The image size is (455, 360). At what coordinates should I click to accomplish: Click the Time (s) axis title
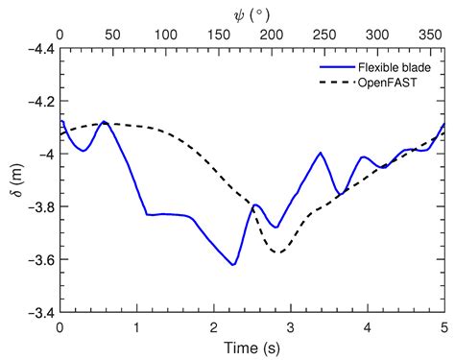(x=251, y=346)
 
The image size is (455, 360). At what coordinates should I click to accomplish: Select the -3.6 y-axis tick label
(x=36, y=259)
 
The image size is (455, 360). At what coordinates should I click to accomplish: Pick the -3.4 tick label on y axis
(x=36, y=312)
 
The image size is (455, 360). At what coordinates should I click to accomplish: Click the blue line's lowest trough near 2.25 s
(x=233, y=265)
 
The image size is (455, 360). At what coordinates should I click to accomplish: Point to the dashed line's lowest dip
(x=278, y=252)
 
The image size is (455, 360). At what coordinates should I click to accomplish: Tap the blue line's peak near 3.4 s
(x=321, y=153)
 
